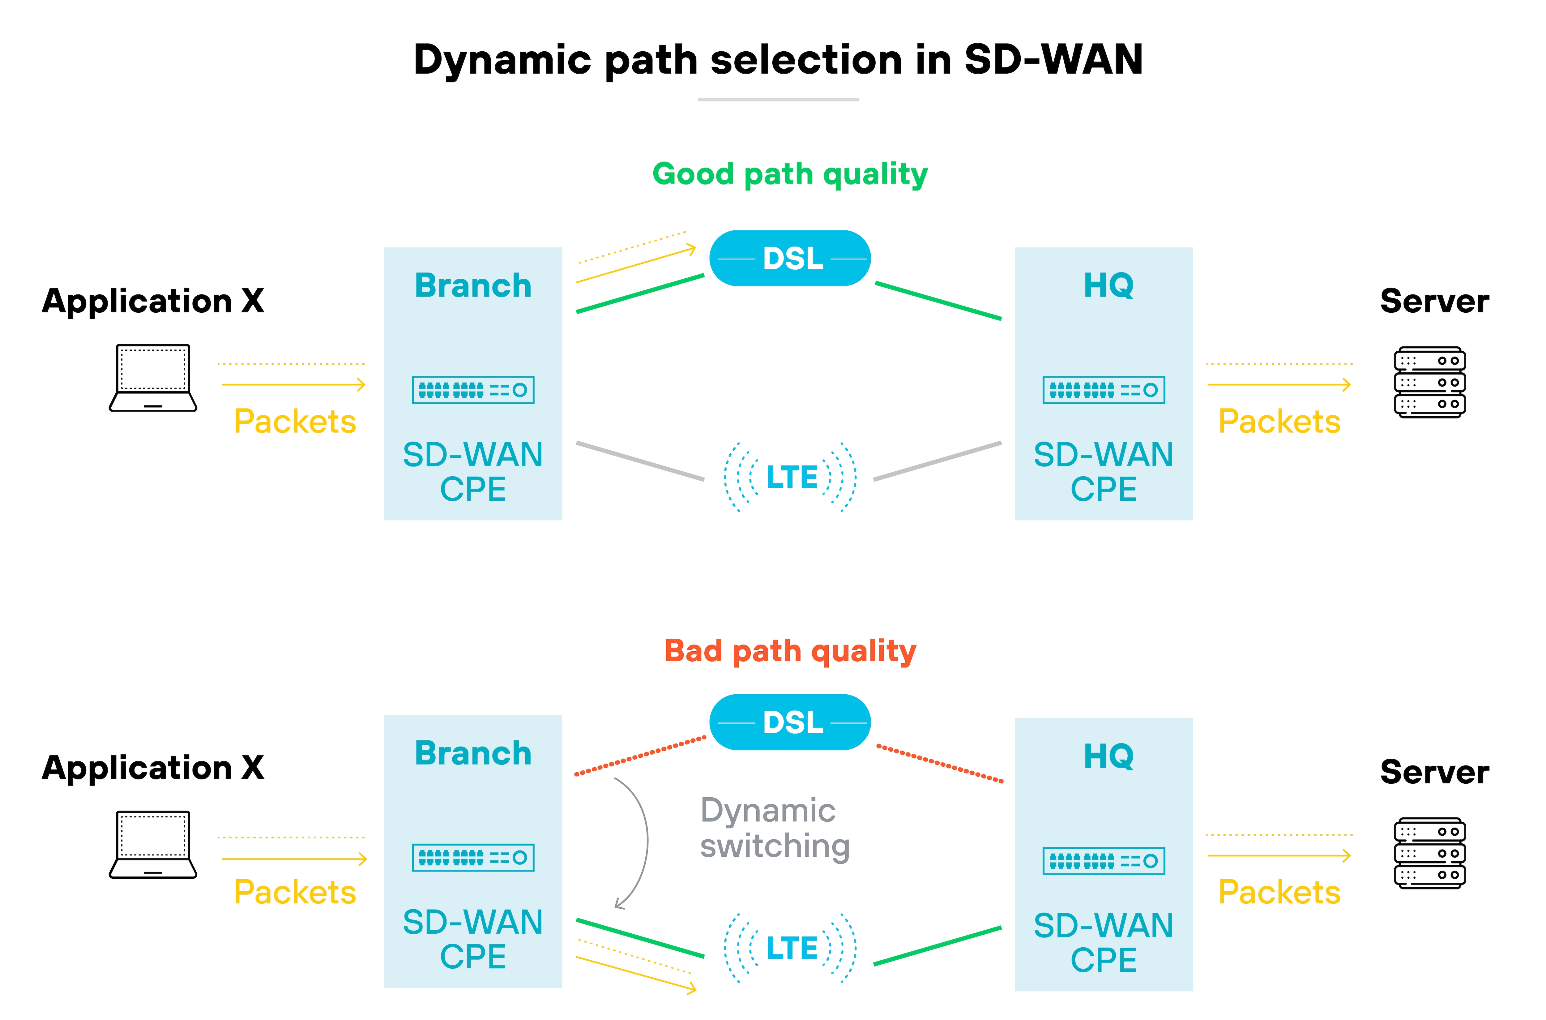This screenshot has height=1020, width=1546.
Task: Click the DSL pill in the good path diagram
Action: (790, 258)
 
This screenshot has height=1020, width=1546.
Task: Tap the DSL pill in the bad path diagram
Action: (790, 722)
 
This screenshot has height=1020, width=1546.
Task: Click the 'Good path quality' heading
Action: (790, 174)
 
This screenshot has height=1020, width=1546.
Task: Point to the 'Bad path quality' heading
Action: (790, 651)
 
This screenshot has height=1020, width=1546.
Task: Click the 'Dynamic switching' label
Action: (774, 827)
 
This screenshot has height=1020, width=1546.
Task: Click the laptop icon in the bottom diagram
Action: (153, 844)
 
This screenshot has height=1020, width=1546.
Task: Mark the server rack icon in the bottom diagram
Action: (1429, 853)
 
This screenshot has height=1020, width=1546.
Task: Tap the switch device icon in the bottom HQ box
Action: (1103, 861)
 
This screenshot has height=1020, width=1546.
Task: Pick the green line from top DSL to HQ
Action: (938, 301)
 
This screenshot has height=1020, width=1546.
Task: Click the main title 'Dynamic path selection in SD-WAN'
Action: (778, 60)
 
